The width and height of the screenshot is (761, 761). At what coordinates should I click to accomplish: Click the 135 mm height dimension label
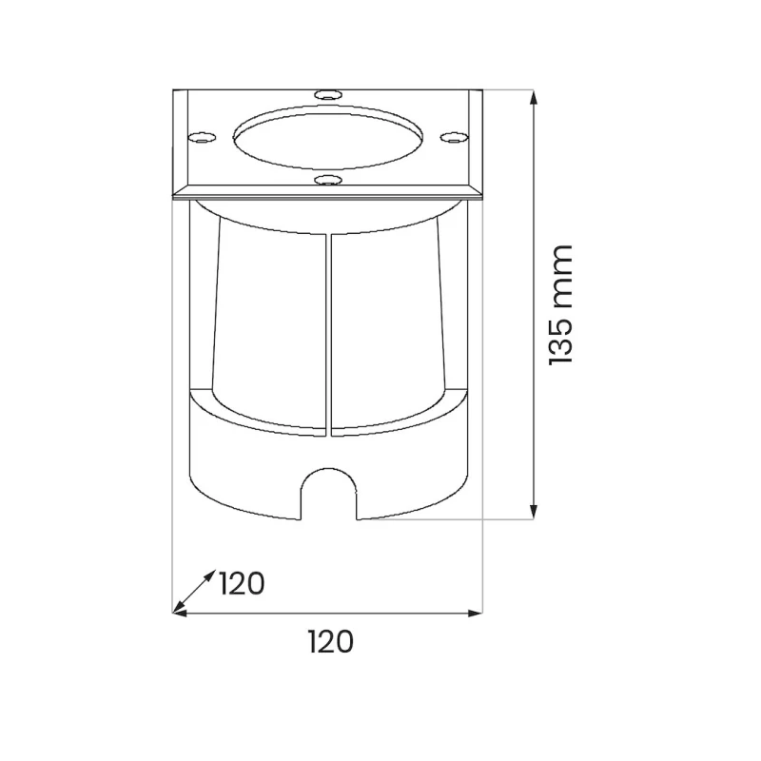[561, 304]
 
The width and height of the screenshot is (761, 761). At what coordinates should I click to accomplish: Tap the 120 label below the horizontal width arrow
[331, 642]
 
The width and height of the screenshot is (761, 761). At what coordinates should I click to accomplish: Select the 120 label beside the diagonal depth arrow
[242, 583]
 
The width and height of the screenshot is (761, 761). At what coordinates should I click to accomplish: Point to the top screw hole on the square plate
[328, 94]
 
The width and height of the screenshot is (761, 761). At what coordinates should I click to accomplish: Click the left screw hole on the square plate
[202, 138]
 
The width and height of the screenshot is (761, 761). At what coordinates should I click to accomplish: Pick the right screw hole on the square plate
[454, 138]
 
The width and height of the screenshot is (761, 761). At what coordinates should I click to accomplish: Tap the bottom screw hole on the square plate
[328, 181]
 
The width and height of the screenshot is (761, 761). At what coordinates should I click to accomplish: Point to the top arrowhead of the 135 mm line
[534, 98]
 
